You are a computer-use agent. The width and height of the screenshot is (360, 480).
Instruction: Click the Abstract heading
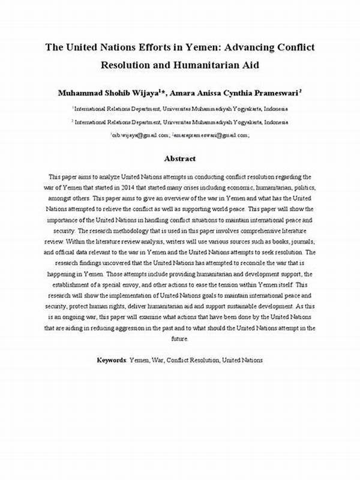[x=180, y=158]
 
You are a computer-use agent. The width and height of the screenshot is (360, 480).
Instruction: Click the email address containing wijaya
[x=139, y=136]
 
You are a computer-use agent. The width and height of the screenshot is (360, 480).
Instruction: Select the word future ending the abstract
[x=180, y=338]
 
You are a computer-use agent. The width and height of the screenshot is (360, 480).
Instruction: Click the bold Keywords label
[x=112, y=360]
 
